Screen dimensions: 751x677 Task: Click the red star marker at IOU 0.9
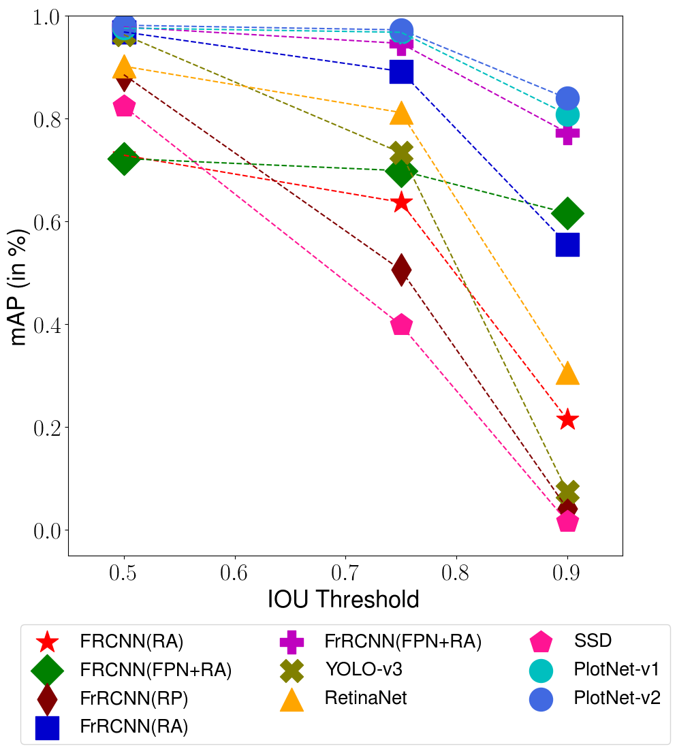point(567,419)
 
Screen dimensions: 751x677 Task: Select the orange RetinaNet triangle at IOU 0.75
point(402,114)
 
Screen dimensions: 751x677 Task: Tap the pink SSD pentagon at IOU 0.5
point(124,106)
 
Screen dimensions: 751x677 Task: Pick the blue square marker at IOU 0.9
point(567,244)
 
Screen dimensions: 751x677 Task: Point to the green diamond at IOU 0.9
point(567,213)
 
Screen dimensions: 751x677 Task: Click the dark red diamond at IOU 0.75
point(402,270)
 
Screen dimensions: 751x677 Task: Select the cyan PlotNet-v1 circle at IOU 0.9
point(567,114)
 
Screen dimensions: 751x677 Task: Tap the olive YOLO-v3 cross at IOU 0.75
point(402,153)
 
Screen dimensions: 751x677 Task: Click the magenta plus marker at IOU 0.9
point(567,133)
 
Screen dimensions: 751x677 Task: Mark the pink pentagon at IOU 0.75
point(402,325)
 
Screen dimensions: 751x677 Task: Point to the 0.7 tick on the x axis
point(345,573)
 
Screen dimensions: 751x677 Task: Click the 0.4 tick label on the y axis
point(46,325)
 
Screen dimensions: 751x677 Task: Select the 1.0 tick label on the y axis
point(46,16)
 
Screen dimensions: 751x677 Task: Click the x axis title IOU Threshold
point(343,599)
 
